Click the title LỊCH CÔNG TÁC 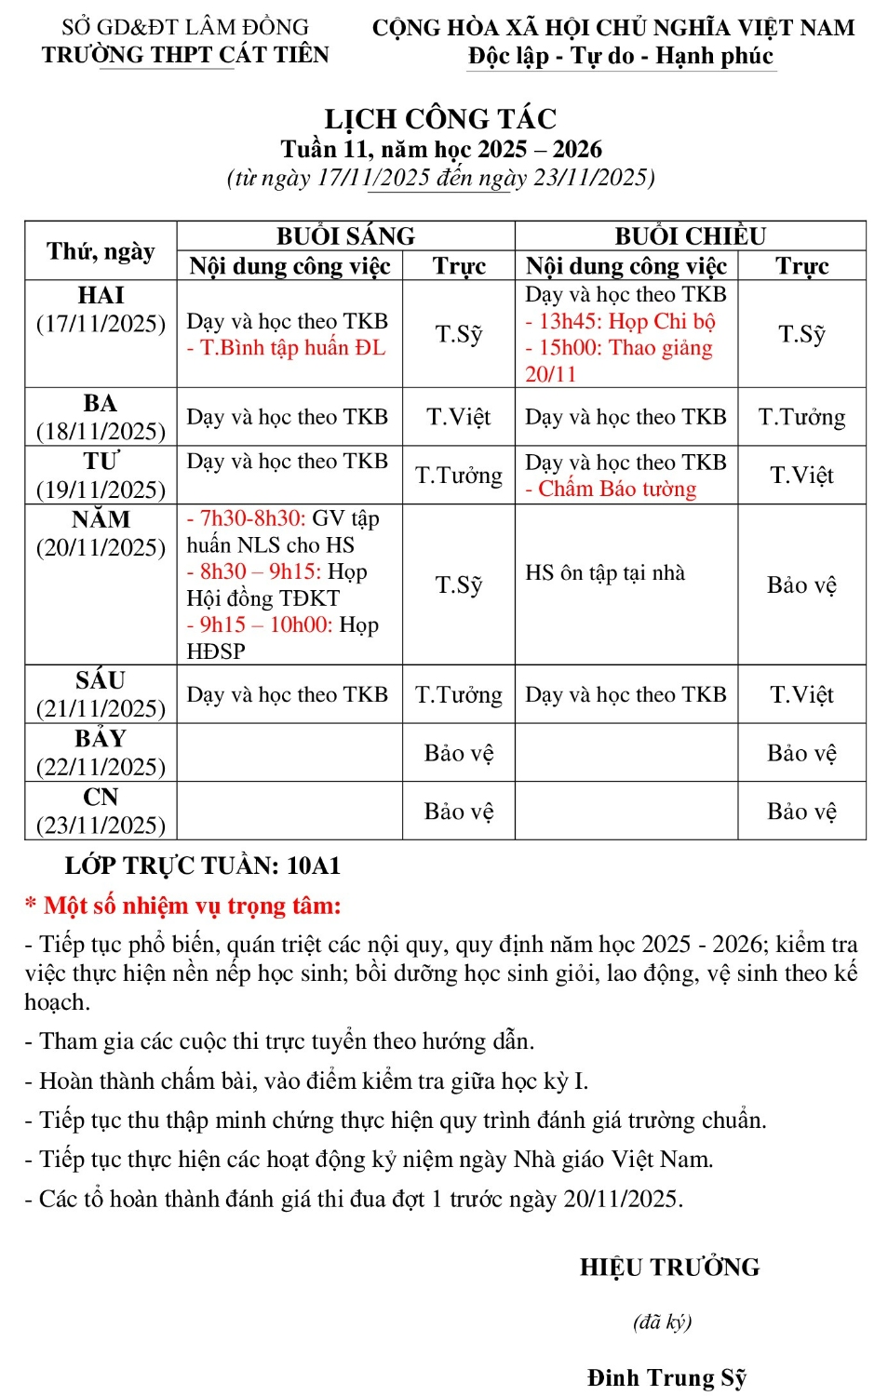pyautogui.click(x=440, y=119)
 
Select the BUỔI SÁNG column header pyautogui.click(x=345, y=235)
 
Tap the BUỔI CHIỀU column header pyautogui.click(x=690, y=235)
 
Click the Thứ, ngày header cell pyautogui.click(x=101, y=251)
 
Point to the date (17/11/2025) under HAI pyautogui.click(x=101, y=324)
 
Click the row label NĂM pyautogui.click(x=101, y=519)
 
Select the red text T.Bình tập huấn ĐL pyautogui.click(x=286, y=348)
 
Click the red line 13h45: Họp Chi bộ pyautogui.click(x=620, y=321)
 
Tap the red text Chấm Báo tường pyautogui.click(x=611, y=489)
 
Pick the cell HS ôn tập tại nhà pyautogui.click(x=605, y=572)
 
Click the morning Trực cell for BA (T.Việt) pyautogui.click(x=458, y=417)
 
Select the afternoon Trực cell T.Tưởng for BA pyautogui.click(x=801, y=417)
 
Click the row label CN pyautogui.click(x=101, y=798)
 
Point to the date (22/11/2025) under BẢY pyautogui.click(x=101, y=767)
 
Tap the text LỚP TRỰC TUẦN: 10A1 pyautogui.click(x=202, y=866)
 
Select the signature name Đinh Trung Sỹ pyautogui.click(x=666, y=1377)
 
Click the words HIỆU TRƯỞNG pyautogui.click(x=669, y=1268)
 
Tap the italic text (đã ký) pyautogui.click(x=662, y=1322)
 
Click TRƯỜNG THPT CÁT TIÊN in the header pyautogui.click(x=185, y=55)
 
